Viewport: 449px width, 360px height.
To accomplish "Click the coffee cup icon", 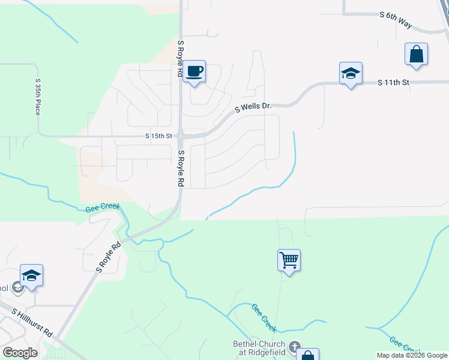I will pyautogui.click(x=194, y=72).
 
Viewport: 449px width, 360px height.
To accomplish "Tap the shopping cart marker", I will pyautogui.click(x=289, y=261).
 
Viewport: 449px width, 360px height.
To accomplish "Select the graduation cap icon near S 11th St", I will pyautogui.click(x=351, y=74).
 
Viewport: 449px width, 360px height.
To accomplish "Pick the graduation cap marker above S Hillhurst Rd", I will pyautogui.click(x=31, y=276).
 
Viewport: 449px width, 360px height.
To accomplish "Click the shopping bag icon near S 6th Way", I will pyautogui.click(x=416, y=55).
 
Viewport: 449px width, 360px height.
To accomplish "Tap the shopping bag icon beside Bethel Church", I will pyautogui.click(x=307, y=355).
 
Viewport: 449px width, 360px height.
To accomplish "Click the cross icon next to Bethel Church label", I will pyautogui.click(x=294, y=346).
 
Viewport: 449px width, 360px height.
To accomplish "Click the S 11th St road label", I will pyautogui.click(x=393, y=82).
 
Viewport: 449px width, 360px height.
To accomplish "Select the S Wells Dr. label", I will pyautogui.click(x=253, y=107).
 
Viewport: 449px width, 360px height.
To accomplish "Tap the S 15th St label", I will pyautogui.click(x=158, y=136).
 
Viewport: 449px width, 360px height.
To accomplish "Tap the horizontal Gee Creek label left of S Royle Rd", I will pyautogui.click(x=103, y=207).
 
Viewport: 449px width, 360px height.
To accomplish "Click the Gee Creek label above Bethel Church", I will pyautogui.click(x=264, y=318).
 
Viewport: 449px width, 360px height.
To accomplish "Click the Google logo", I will pyautogui.click(x=20, y=353).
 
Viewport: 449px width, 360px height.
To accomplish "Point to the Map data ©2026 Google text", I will pyautogui.click(x=412, y=355).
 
